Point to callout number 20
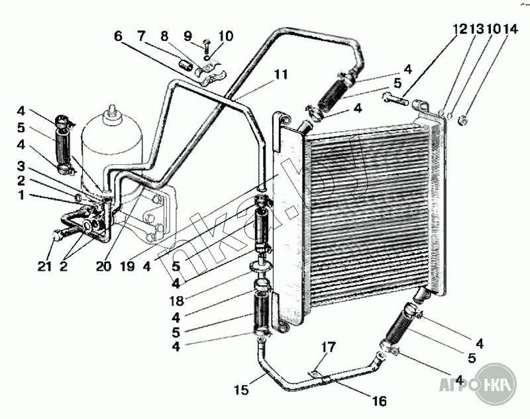point(103,267)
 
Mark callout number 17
point(329,348)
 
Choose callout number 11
point(281,75)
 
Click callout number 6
point(119,36)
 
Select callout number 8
point(166,36)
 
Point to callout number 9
point(187,36)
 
